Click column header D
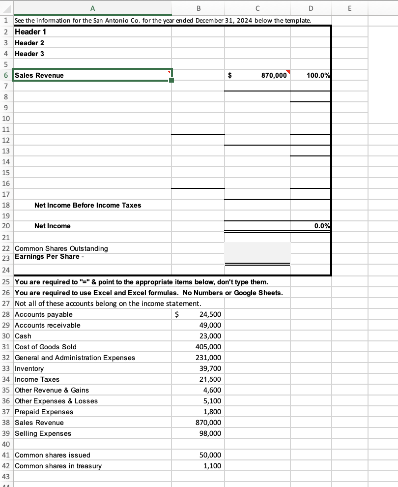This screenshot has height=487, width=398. [311, 7]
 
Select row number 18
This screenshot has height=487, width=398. [5, 205]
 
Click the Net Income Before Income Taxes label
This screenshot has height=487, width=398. [87, 205]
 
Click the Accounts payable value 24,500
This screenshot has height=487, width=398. [211, 314]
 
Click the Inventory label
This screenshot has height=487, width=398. [29, 368]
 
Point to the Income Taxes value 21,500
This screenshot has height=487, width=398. [211, 379]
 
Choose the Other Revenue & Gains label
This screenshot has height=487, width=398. [52, 390]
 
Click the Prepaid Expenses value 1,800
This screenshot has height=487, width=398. [213, 412]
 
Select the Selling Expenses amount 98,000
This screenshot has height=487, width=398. [211, 433]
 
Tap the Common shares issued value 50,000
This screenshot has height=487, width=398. [211, 455]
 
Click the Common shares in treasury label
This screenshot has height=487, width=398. [58, 466]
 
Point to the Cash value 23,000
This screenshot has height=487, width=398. [211, 336]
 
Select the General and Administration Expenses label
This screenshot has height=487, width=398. [75, 358]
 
